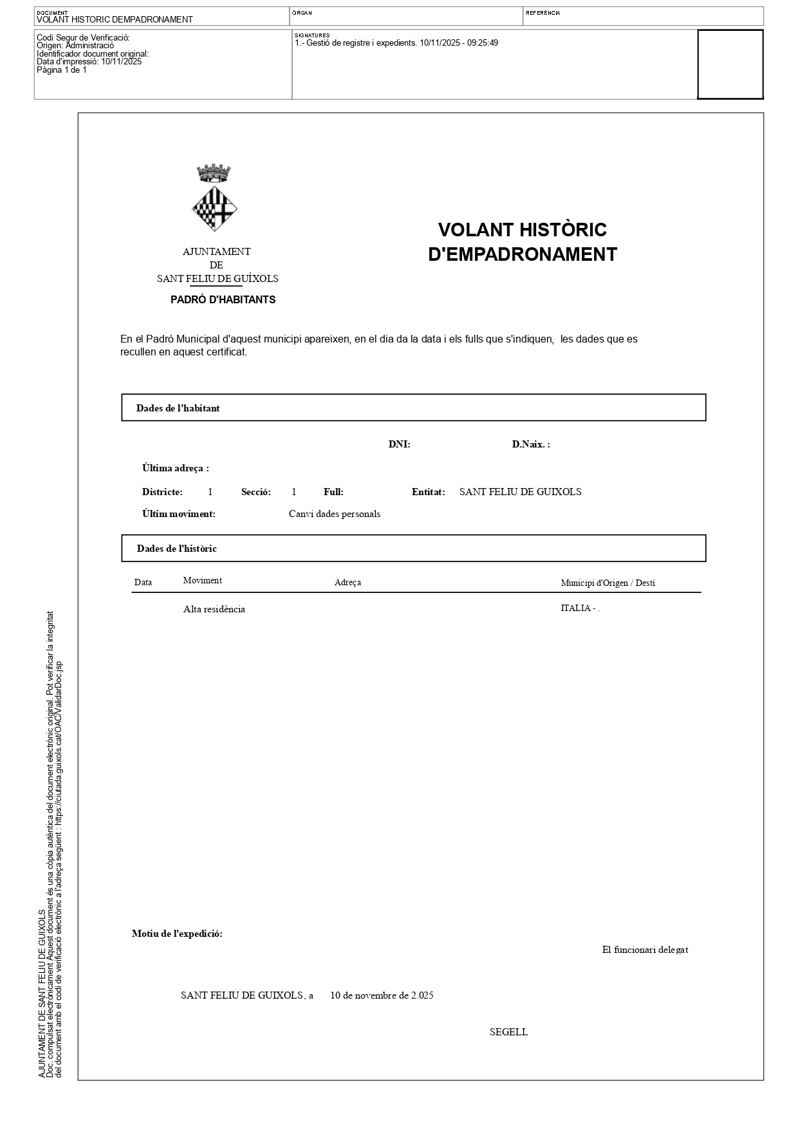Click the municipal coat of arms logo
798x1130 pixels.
pos(214,199)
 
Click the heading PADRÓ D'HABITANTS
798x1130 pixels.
pos(223,299)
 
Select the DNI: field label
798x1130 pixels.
pos(399,444)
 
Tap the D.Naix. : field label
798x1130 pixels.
pos(531,444)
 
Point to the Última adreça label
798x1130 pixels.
pos(175,468)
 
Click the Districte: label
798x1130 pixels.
pos(162,492)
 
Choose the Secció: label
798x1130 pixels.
pos(255,492)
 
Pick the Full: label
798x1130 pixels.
pos(333,492)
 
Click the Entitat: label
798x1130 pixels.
pos(428,492)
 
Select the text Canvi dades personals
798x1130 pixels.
pos(334,514)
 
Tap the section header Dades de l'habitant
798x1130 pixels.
pos(178,408)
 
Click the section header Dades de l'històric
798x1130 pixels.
pos(176,549)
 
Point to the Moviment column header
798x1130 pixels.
pos(202,580)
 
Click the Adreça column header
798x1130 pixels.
pos(348,583)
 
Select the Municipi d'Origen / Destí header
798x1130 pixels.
pos(608,583)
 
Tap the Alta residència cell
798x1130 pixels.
pos(214,609)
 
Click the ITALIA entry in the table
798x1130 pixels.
pos(576,608)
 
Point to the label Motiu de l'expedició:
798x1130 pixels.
pos(177,934)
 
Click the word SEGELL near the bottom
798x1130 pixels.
pos(508,1031)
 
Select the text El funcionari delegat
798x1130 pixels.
pos(645,950)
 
